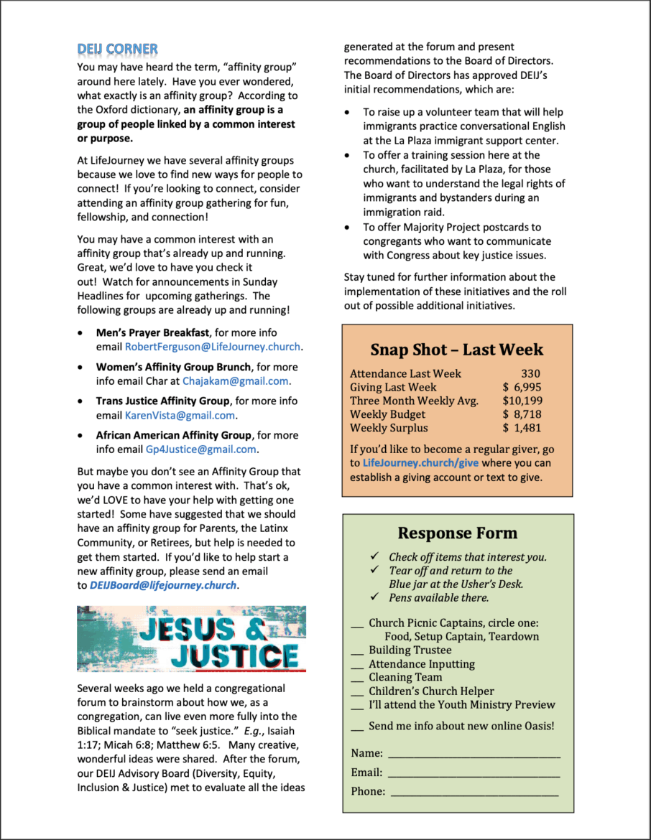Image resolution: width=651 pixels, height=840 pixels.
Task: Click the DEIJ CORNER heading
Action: (117, 50)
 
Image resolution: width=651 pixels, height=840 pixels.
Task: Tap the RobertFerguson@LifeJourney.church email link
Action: (213, 347)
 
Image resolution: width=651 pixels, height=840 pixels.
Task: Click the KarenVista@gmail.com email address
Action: (180, 416)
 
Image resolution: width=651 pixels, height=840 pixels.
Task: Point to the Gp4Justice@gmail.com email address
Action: (200, 449)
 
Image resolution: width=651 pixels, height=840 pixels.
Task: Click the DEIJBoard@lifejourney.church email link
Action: (163, 585)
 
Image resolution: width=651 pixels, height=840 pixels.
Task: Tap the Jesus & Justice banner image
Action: (191, 639)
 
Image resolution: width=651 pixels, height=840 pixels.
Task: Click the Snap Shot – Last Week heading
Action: (457, 350)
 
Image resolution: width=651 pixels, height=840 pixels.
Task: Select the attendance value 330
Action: (530, 373)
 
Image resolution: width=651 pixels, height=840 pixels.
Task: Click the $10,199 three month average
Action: (522, 401)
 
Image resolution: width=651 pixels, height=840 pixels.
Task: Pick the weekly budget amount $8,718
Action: (522, 414)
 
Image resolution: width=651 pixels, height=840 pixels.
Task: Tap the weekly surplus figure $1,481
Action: (522, 428)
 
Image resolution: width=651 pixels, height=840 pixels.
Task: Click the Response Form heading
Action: (457, 533)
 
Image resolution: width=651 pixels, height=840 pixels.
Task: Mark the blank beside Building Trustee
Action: (357, 651)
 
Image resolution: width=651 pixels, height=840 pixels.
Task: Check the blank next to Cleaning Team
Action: (357, 678)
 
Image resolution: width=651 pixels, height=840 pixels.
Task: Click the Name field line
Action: (474, 754)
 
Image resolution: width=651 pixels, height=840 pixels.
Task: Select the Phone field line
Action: (474, 792)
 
